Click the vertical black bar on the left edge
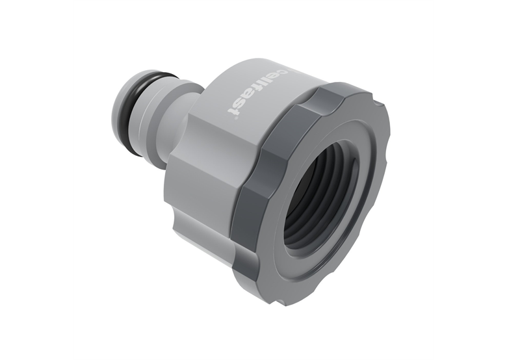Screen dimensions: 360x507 pos(36,180)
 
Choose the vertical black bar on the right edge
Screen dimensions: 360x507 pos(470,180)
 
